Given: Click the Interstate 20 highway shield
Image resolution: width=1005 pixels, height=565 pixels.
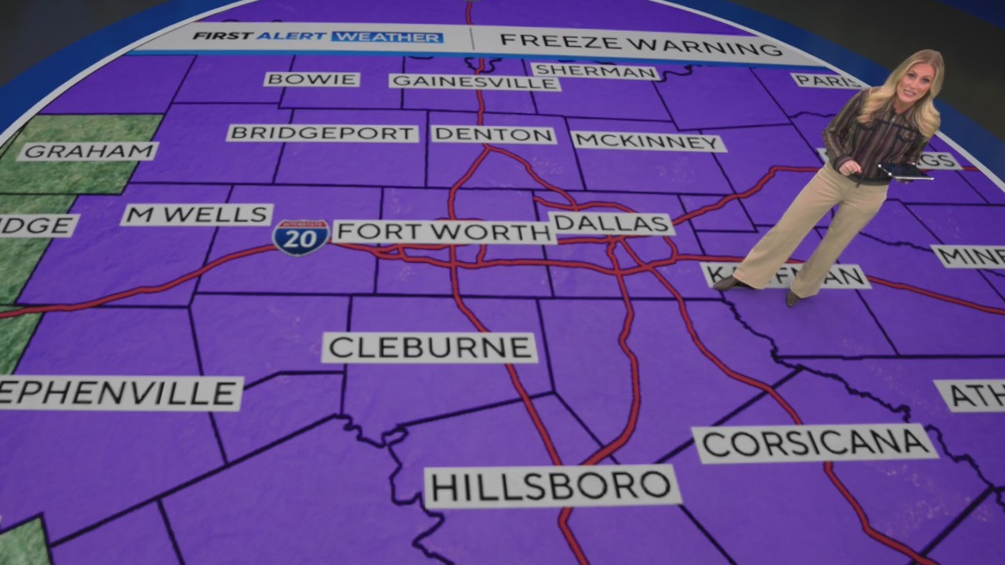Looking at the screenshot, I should point(301,237).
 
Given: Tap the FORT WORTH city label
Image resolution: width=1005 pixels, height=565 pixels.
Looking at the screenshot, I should point(444,232).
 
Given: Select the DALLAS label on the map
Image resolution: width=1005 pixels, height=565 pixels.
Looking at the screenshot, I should point(611,224).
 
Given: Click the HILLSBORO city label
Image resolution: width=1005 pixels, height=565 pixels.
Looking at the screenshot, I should point(552,486).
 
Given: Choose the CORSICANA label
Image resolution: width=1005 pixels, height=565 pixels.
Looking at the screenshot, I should point(814,443).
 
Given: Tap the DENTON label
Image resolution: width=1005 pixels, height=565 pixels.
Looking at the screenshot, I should point(493,135).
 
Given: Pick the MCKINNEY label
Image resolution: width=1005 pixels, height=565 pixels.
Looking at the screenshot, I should point(648,142).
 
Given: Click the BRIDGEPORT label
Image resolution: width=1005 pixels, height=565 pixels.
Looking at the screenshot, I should point(322,133).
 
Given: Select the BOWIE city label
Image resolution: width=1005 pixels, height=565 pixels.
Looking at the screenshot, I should point(312,79).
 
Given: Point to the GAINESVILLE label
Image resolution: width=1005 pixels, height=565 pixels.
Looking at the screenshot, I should point(474,82).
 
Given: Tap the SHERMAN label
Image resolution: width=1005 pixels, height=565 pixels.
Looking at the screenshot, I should point(594,71).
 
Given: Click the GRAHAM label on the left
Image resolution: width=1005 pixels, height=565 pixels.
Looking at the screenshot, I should point(87,151).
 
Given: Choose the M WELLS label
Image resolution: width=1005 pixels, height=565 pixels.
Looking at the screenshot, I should point(196,214).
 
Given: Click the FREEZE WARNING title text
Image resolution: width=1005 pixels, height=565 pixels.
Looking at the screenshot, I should point(641,44).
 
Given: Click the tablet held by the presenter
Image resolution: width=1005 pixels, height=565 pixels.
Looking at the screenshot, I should point(905,172).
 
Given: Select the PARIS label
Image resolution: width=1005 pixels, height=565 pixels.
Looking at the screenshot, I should point(828,81).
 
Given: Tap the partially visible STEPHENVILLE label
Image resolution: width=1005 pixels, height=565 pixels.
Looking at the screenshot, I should point(119,393).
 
